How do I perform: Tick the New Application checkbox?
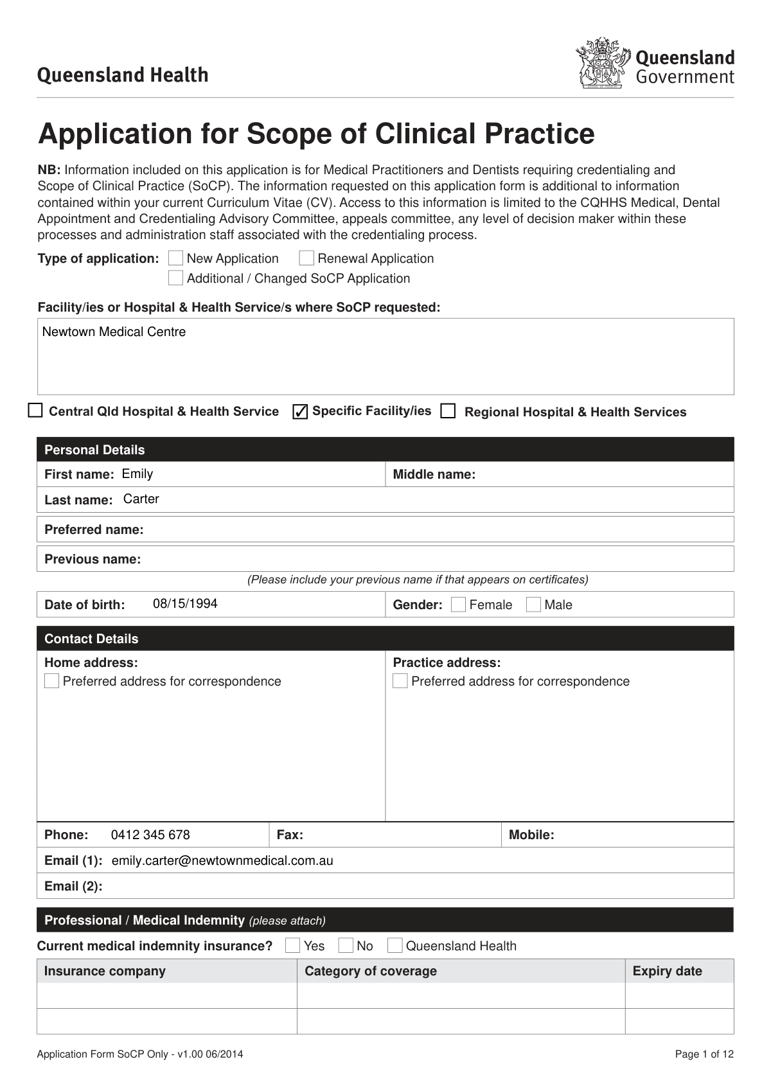coord(175,258)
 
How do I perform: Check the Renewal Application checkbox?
coord(306,258)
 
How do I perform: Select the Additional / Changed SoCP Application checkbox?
coord(175,278)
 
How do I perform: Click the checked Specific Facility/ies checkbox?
coord(300,411)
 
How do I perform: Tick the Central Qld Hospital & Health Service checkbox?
coord(35,411)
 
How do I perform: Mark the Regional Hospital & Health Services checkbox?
coord(448,411)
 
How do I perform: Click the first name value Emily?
coord(137,474)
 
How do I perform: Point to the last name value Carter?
coord(141,499)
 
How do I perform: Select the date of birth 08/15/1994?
coord(185,603)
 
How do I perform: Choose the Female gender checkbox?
coord(458,605)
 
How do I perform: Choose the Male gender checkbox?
coord(533,605)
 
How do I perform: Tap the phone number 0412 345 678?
coord(150,835)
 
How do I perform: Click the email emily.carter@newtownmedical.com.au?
coord(222,860)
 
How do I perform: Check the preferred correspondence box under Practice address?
coord(400,681)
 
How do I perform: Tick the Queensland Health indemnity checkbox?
coord(395,945)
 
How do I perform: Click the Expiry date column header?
coord(667,971)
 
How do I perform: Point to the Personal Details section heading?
coord(94,450)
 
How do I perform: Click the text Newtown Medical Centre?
coord(114,332)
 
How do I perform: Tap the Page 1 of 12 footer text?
coord(704,1054)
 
